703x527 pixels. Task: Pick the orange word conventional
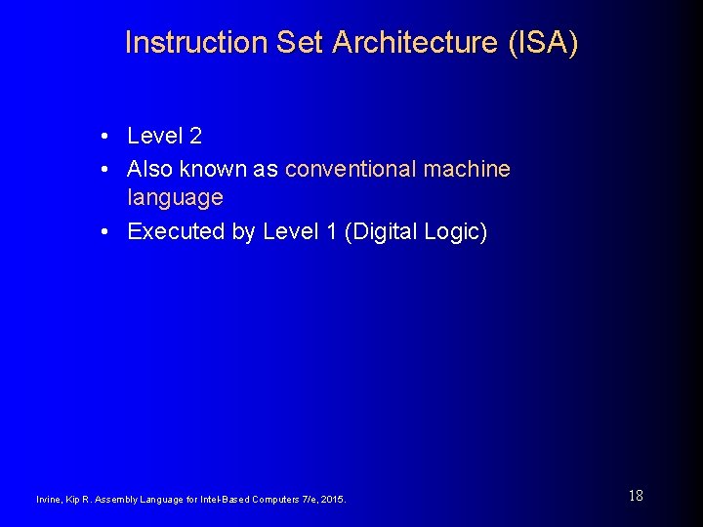[x=351, y=169]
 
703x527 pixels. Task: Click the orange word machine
[x=467, y=169]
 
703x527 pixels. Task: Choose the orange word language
[x=175, y=197]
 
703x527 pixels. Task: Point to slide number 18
[x=636, y=496]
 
